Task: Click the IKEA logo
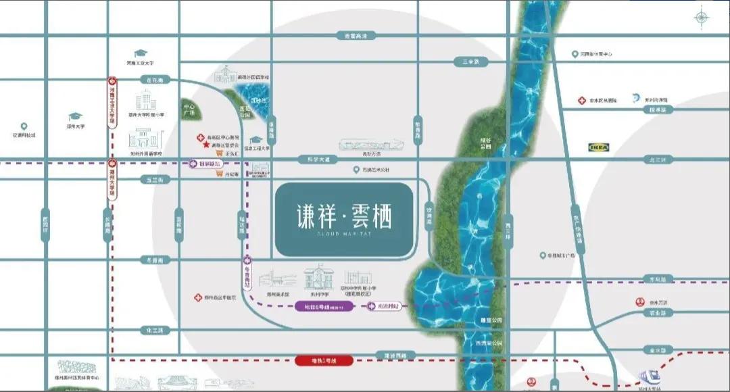point(599,147)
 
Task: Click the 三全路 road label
point(471,62)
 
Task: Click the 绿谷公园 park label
point(485,143)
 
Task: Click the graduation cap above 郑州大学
point(75,117)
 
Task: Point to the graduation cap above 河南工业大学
point(141,53)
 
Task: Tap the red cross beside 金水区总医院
point(581,101)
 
